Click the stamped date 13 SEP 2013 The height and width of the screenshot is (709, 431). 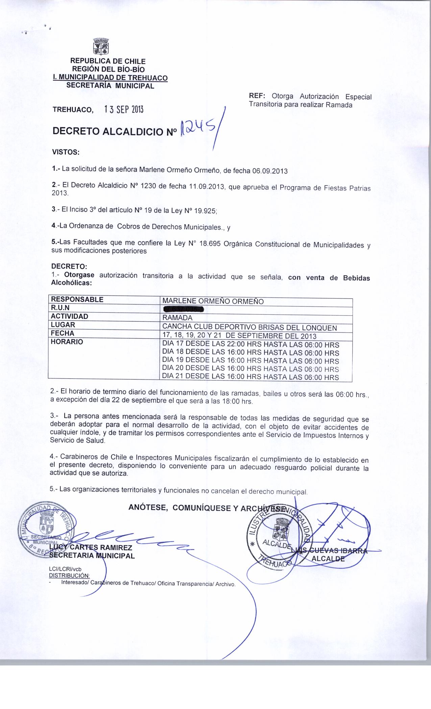click(124, 109)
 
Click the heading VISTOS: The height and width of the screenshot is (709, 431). click(65, 152)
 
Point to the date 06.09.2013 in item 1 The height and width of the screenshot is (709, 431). click(270, 171)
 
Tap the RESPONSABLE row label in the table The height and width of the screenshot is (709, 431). click(77, 299)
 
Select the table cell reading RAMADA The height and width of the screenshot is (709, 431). click(177, 318)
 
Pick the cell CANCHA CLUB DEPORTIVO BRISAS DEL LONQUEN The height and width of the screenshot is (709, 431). click(249, 327)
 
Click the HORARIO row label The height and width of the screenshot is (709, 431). click(67, 342)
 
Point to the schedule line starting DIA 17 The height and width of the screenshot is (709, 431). click(250, 345)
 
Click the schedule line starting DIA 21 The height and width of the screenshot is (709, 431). click(250, 377)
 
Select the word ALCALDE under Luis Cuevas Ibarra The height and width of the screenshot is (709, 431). click(328, 558)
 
